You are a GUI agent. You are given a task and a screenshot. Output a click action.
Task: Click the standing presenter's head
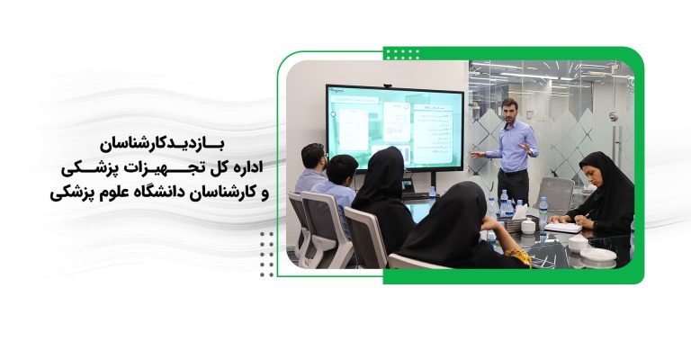pos(509,110)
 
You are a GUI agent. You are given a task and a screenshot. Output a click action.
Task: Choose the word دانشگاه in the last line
pos(153,192)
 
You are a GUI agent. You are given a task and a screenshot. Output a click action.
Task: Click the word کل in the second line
pos(215,168)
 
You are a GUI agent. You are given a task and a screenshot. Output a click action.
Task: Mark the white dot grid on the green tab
pos(400,53)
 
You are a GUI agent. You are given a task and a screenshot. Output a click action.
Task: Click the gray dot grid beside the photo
pos(266,253)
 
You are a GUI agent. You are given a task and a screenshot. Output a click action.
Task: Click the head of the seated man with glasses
pos(312,156)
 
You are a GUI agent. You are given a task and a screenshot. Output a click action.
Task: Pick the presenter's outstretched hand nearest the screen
pos(473,155)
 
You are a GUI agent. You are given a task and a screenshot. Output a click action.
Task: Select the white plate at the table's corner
pos(598,255)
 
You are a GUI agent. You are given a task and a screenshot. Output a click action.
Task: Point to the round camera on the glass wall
pos(614,116)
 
